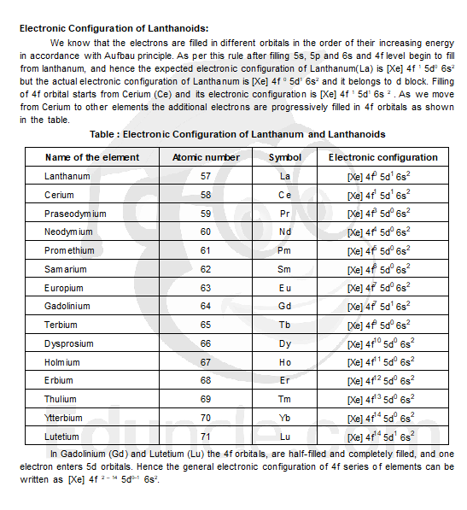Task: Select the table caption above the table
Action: coord(237,134)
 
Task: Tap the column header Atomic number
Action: coord(206,157)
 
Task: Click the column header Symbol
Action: coord(285,157)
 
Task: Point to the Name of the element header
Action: coord(92,157)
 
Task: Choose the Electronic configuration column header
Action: coord(382,157)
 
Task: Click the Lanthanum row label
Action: coord(67,176)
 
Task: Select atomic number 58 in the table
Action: coord(206,195)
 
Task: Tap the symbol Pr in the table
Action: coord(285,214)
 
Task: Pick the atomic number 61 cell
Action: coord(206,250)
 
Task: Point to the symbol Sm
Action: coord(285,269)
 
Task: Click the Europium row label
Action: coord(65,288)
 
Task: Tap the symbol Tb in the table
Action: coord(285,325)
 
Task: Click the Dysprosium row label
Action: coord(70,343)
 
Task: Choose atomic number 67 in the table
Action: coord(206,362)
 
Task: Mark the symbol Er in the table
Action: coord(285,380)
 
